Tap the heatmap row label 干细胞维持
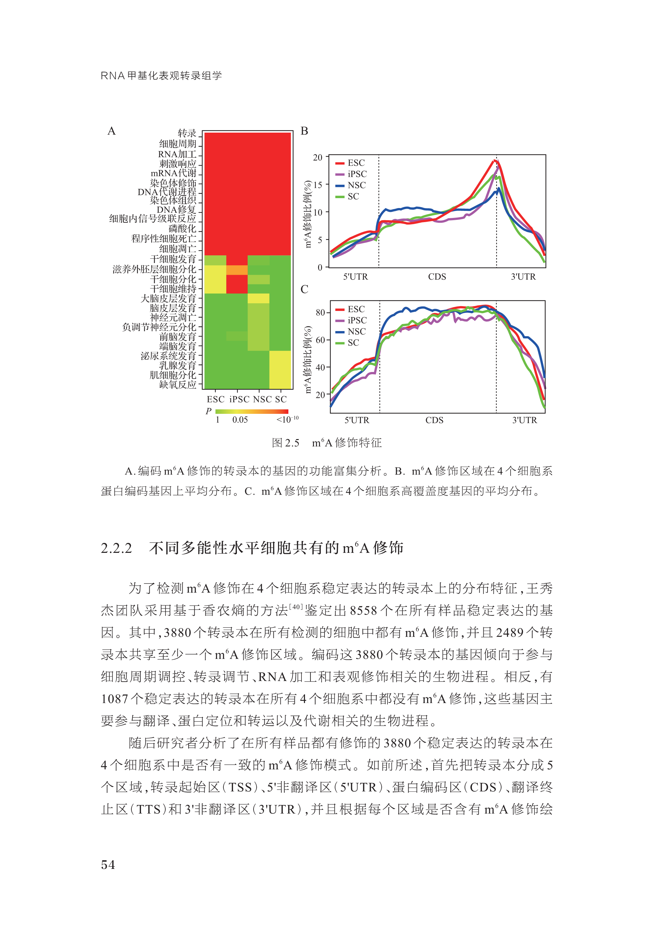click(x=173, y=289)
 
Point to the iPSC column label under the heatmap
click(x=239, y=399)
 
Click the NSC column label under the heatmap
click(x=262, y=399)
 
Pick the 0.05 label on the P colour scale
click(x=240, y=420)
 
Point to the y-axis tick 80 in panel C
click(x=320, y=313)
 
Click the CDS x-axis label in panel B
click(x=437, y=276)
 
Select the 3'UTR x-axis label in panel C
click(x=524, y=420)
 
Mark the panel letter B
click(x=304, y=131)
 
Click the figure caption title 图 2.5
click(x=285, y=443)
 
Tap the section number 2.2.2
click(x=116, y=548)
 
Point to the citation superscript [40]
click(x=295, y=606)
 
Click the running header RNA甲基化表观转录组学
click(x=161, y=75)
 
